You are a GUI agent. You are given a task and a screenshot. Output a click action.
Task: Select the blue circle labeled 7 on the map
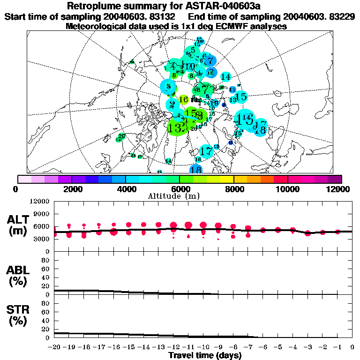[x=210, y=61]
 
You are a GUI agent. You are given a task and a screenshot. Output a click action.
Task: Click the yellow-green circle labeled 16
[x=184, y=99]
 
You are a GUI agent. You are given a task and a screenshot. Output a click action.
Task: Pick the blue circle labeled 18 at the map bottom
[x=196, y=170]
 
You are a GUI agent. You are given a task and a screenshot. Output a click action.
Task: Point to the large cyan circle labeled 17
[x=205, y=151]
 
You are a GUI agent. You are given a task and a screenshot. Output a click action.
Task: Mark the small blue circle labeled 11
[x=232, y=90]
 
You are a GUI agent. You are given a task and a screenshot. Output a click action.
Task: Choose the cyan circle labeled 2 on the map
[x=172, y=105]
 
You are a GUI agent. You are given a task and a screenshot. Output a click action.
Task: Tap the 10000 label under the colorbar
[x=288, y=189]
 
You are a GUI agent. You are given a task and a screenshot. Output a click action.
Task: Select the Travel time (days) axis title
[x=205, y=356]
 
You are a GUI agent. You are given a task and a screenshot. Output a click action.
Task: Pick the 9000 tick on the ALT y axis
[x=41, y=214]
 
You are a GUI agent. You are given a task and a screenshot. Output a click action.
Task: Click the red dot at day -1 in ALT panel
[x=337, y=232]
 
